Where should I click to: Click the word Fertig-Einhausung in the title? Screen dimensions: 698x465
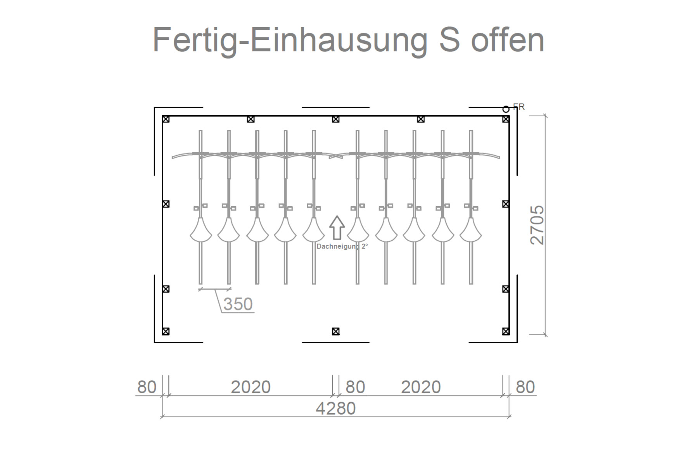[290, 40]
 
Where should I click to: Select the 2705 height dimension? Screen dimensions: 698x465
[537, 225]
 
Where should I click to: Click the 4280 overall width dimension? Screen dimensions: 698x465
[336, 408]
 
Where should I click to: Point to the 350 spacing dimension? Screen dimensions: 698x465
[238, 304]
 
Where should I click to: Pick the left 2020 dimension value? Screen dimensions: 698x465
[251, 387]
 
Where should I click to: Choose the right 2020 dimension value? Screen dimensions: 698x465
[421, 387]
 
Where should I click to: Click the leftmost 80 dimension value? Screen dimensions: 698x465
[147, 387]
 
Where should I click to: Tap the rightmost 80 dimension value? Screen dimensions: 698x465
[525, 387]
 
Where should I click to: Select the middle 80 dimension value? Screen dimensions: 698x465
[355, 387]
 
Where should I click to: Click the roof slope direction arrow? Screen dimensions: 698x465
[337, 227]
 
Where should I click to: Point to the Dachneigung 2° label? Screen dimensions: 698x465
[342, 246]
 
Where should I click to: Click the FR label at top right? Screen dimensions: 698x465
[519, 107]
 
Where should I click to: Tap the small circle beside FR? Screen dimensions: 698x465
[506, 109]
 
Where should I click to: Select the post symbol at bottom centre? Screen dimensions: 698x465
[336, 331]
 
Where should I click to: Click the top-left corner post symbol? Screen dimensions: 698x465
[166, 119]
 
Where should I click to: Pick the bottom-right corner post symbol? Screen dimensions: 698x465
[506, 331]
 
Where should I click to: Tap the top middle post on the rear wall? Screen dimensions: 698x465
[336, 119]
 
